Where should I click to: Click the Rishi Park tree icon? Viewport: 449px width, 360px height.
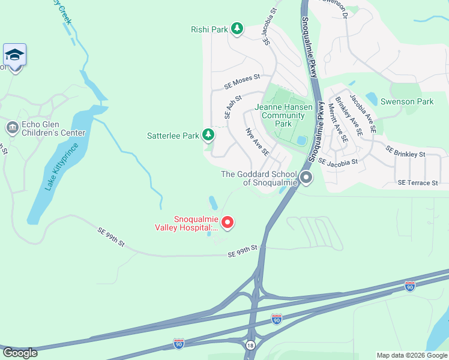[237, 28]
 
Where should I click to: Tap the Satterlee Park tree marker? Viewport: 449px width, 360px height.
[208, 135]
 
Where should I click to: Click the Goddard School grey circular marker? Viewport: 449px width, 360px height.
[306, 177]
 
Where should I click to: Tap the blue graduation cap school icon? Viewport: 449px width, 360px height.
[14, 56]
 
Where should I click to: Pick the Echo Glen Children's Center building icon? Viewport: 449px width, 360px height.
[12, 127]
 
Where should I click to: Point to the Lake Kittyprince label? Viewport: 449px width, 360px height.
[62, 167]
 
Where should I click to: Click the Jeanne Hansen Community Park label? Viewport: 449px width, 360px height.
[283, 115]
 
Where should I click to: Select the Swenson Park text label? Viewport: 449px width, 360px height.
[406, 101]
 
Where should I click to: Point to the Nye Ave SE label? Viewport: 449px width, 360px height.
[256, 141]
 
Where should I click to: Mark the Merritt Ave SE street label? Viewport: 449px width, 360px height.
[337, 123]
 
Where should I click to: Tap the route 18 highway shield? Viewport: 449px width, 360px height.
[250, 345]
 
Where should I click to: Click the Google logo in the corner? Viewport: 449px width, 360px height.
[20, 353]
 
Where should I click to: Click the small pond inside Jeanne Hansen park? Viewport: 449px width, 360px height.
[302, 141]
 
